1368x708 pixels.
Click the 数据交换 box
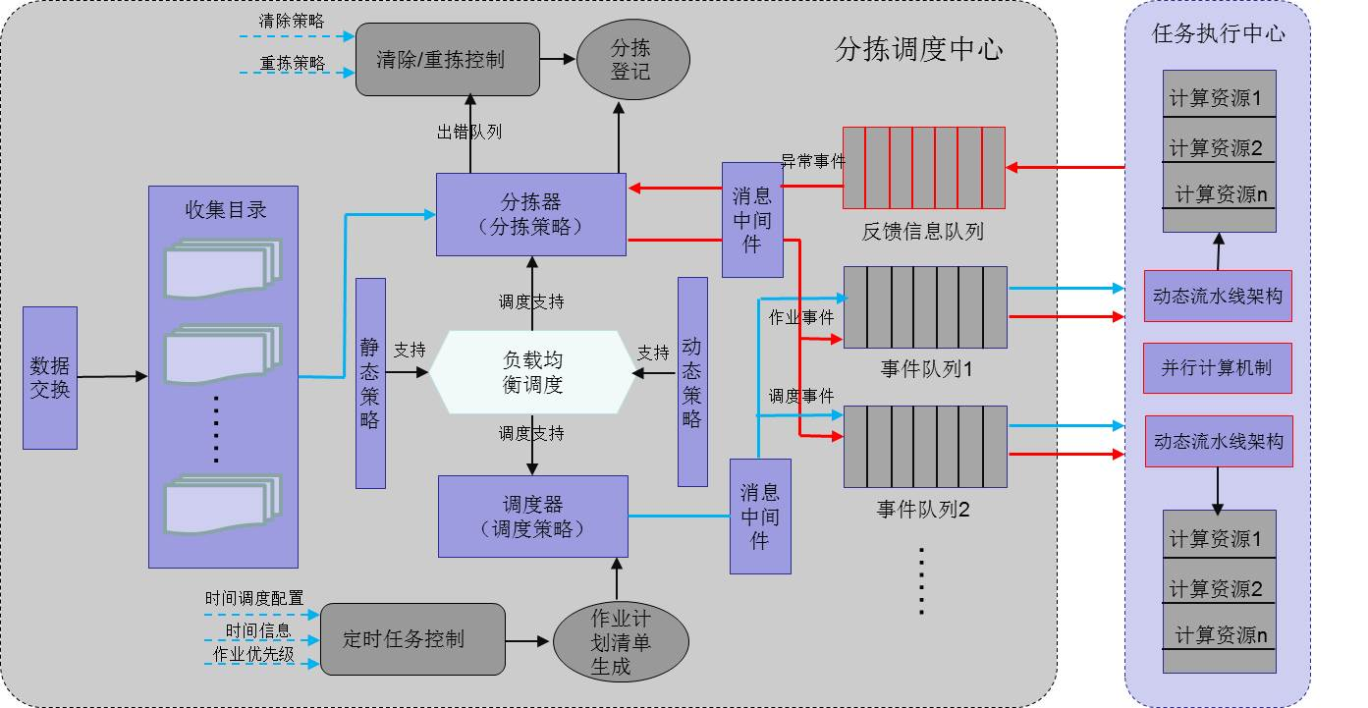[x=50, y=378]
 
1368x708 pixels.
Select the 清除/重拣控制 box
[x=447, y=60]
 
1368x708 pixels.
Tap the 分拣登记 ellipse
[x=629, y=60]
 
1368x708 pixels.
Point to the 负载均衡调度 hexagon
[x=532, y=371]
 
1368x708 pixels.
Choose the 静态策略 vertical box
[x=370, y=383]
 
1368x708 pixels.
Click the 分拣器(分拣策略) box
[x=530, y=214]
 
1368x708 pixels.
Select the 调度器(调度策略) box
[x=532, y=516]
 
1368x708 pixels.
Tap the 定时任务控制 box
[x=412, y=639]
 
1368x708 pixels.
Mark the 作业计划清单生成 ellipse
[x=619, y=642]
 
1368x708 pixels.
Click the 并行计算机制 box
[x=1217, y=368]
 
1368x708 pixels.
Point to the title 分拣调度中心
[x=918, y=50]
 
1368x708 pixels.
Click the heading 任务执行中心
[x=1218, y=33]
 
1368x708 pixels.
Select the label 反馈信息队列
[x=922, y=232]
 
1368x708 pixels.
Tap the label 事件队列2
[x=923, y=510]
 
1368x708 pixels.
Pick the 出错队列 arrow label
[x=468, y=132]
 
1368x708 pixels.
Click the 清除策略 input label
[x=292, y=20]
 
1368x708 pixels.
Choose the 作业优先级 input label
[x=253, y=654]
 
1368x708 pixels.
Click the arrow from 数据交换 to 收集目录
[x=112, y=376]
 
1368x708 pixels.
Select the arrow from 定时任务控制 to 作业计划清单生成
[x=528, y=641]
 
